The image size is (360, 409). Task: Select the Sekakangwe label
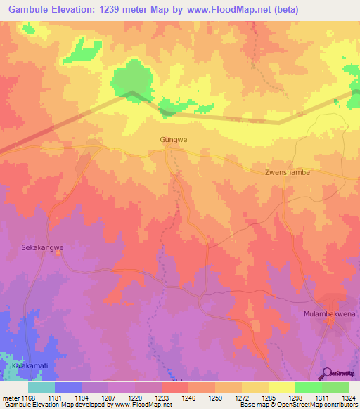[43, 247]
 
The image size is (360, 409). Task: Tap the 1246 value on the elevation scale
[188, 397]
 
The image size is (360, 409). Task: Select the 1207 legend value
[108, 397]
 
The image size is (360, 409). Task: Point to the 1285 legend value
[268, 397]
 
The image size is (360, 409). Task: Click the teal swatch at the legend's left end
[41, 387]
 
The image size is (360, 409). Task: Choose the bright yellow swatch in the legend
[281, 387]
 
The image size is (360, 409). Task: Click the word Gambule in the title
[34, 9]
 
